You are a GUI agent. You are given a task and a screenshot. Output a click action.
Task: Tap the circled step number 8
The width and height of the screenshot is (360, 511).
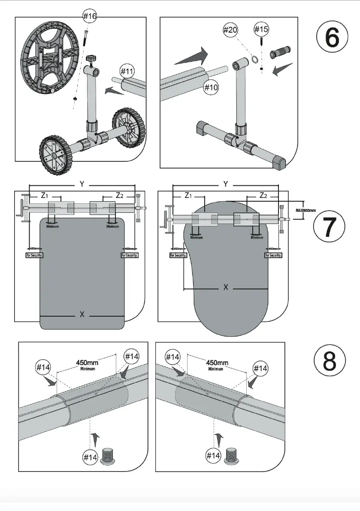coord(329,361)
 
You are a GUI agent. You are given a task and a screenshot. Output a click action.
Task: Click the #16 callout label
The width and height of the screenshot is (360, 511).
coord(90,16)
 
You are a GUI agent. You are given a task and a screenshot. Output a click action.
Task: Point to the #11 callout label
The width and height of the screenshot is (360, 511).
coord(127,71)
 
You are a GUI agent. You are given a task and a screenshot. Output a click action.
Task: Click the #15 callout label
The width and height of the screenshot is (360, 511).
coord(261,29)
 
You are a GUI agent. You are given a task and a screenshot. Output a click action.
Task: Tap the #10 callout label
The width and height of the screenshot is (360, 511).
coord(211,88)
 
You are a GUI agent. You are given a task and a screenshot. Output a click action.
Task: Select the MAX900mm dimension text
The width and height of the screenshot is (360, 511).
coord(306,211)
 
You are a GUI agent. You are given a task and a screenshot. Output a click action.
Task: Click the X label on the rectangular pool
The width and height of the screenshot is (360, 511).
coord(82,314)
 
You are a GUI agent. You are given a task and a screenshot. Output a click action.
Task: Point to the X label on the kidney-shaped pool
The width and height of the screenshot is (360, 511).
coord(226,287)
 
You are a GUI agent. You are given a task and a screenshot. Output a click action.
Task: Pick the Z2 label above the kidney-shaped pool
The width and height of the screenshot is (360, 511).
coord(263,196)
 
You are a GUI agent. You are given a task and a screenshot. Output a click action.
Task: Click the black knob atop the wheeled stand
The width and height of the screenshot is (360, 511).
coord(91,58)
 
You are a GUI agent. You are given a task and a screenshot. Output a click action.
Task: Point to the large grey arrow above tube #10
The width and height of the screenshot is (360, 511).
coord(191,56)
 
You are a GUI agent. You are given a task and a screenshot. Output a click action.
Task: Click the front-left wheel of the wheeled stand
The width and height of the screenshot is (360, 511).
coord(54,155)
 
